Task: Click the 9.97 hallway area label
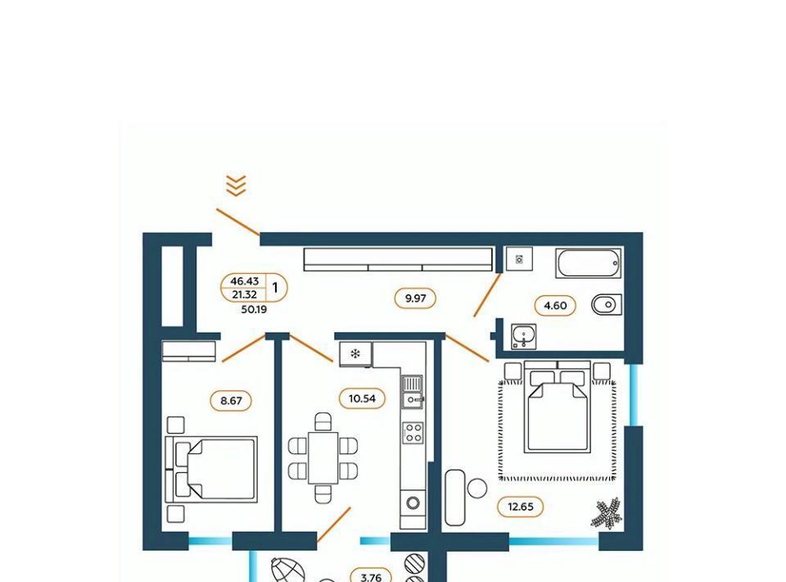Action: tap(415, 298)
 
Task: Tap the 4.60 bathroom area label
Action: tap(555, 306)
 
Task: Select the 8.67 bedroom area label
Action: tap(231, 401)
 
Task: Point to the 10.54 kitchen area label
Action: tap(361, 399)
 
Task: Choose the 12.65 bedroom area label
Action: tap(521, 507)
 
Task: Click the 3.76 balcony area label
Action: tap(371, 577)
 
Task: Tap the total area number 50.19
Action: tap(254, 310)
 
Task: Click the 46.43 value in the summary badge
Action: tap(244, 281)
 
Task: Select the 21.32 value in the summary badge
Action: tap(244, 295)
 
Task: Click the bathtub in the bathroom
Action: tap(589, 264)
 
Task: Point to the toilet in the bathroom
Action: tap(607, 305)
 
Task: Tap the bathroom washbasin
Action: tap(524, 336)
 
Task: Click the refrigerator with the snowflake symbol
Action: tap(356, 355)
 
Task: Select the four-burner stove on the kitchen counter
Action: tap(413, 433)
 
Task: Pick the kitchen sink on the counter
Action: tap(413, 392)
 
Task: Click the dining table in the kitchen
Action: tap(323, 457)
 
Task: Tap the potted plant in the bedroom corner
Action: tap(607, 513)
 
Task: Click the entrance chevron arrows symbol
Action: tap(236, 185)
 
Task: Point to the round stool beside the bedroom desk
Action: tap(477, 489)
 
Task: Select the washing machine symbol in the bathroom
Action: tap(519, 259)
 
